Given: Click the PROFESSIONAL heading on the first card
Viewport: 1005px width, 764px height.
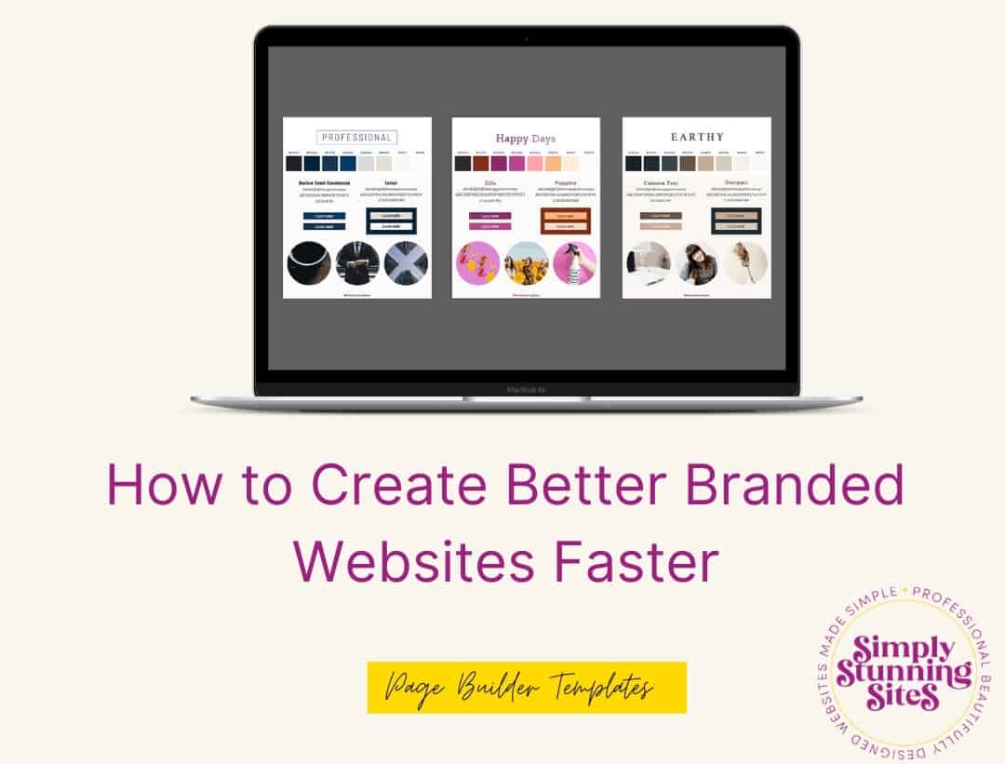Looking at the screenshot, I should pyautogui.click(x=357, y=138).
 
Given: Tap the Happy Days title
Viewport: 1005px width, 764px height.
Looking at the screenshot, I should pyautogui.click(x=526, y=139).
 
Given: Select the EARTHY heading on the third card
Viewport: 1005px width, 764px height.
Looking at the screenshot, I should pyautogui.click(x=697, y=137).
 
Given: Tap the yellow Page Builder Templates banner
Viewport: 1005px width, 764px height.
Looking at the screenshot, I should pyautogui.click(x=527, y=688).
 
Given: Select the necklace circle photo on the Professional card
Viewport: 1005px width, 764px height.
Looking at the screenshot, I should pyautogui.click(x=309, y=263).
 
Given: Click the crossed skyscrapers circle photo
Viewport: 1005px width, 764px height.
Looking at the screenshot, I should pyautogui.click(x=406, y=263).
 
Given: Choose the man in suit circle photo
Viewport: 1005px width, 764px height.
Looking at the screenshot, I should pyautogui.click(x=357, y=263).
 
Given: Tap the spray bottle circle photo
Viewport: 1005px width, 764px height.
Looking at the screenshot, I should pyautogui.click(x=575, y=263).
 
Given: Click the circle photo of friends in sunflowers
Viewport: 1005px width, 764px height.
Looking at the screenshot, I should pyautogui.click(x=527, y=263).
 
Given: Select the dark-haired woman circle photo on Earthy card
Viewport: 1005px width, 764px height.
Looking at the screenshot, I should pyautogui.click(x=697, y=263).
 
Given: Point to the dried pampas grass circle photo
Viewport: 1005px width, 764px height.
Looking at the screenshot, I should pyautogui.click(x=745, y=263).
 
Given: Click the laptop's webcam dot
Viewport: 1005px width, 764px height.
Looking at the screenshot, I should pyautogui.click(x=527, y=38).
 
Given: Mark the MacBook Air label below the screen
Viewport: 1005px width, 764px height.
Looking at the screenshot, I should pyautogui.click(x=527, y=390).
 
